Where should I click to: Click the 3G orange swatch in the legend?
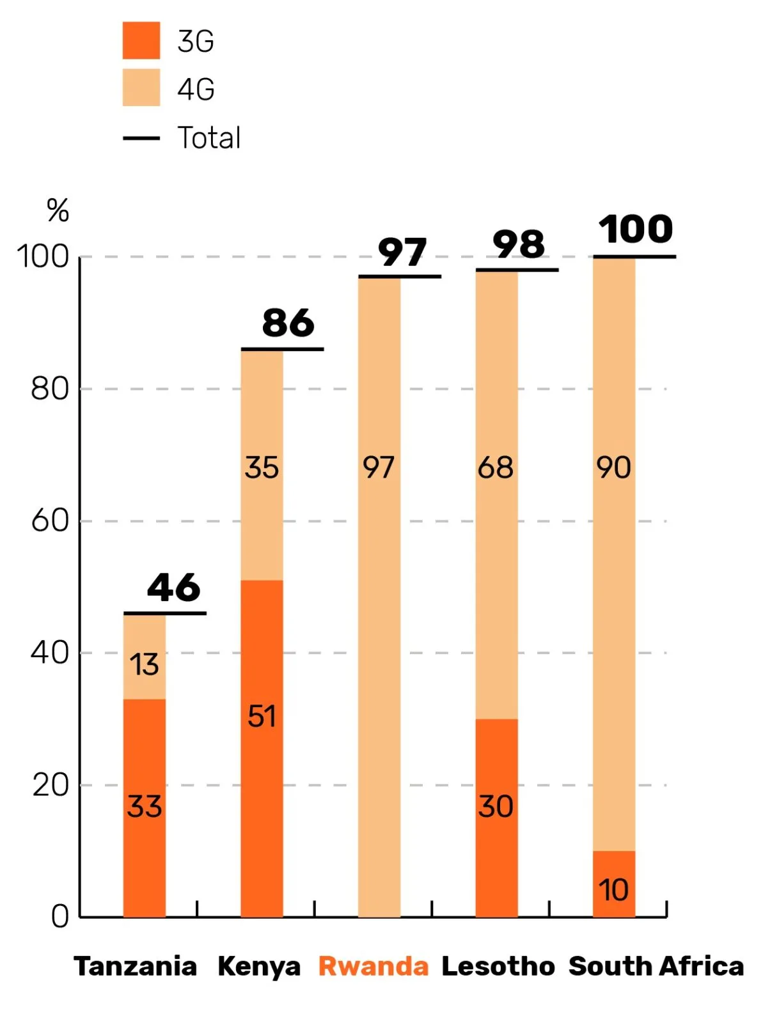point(141,40)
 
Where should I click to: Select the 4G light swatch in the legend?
point(141,88)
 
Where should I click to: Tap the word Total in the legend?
point(209,137)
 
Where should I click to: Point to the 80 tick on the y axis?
point(50,389)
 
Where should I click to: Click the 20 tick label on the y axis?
point(50,785)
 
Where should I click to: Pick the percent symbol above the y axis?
point(58,210)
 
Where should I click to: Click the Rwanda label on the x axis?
point(374,966)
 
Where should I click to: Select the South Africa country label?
point(656,966)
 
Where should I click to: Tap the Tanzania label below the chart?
point(136,966)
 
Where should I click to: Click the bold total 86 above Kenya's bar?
point(288,323)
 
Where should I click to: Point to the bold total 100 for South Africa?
point(636,230)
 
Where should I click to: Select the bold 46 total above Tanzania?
point(173,588)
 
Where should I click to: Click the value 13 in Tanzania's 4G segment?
point(145,665)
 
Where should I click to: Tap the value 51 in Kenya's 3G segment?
point(262,716)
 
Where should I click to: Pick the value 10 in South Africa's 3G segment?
point(613,890)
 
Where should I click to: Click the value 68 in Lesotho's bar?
point(496,467)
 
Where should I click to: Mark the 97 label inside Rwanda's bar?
point(379,467)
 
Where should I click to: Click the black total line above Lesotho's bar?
point(517,270)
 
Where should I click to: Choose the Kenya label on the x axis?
point(259,966)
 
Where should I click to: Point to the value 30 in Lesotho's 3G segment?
point(496,806)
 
